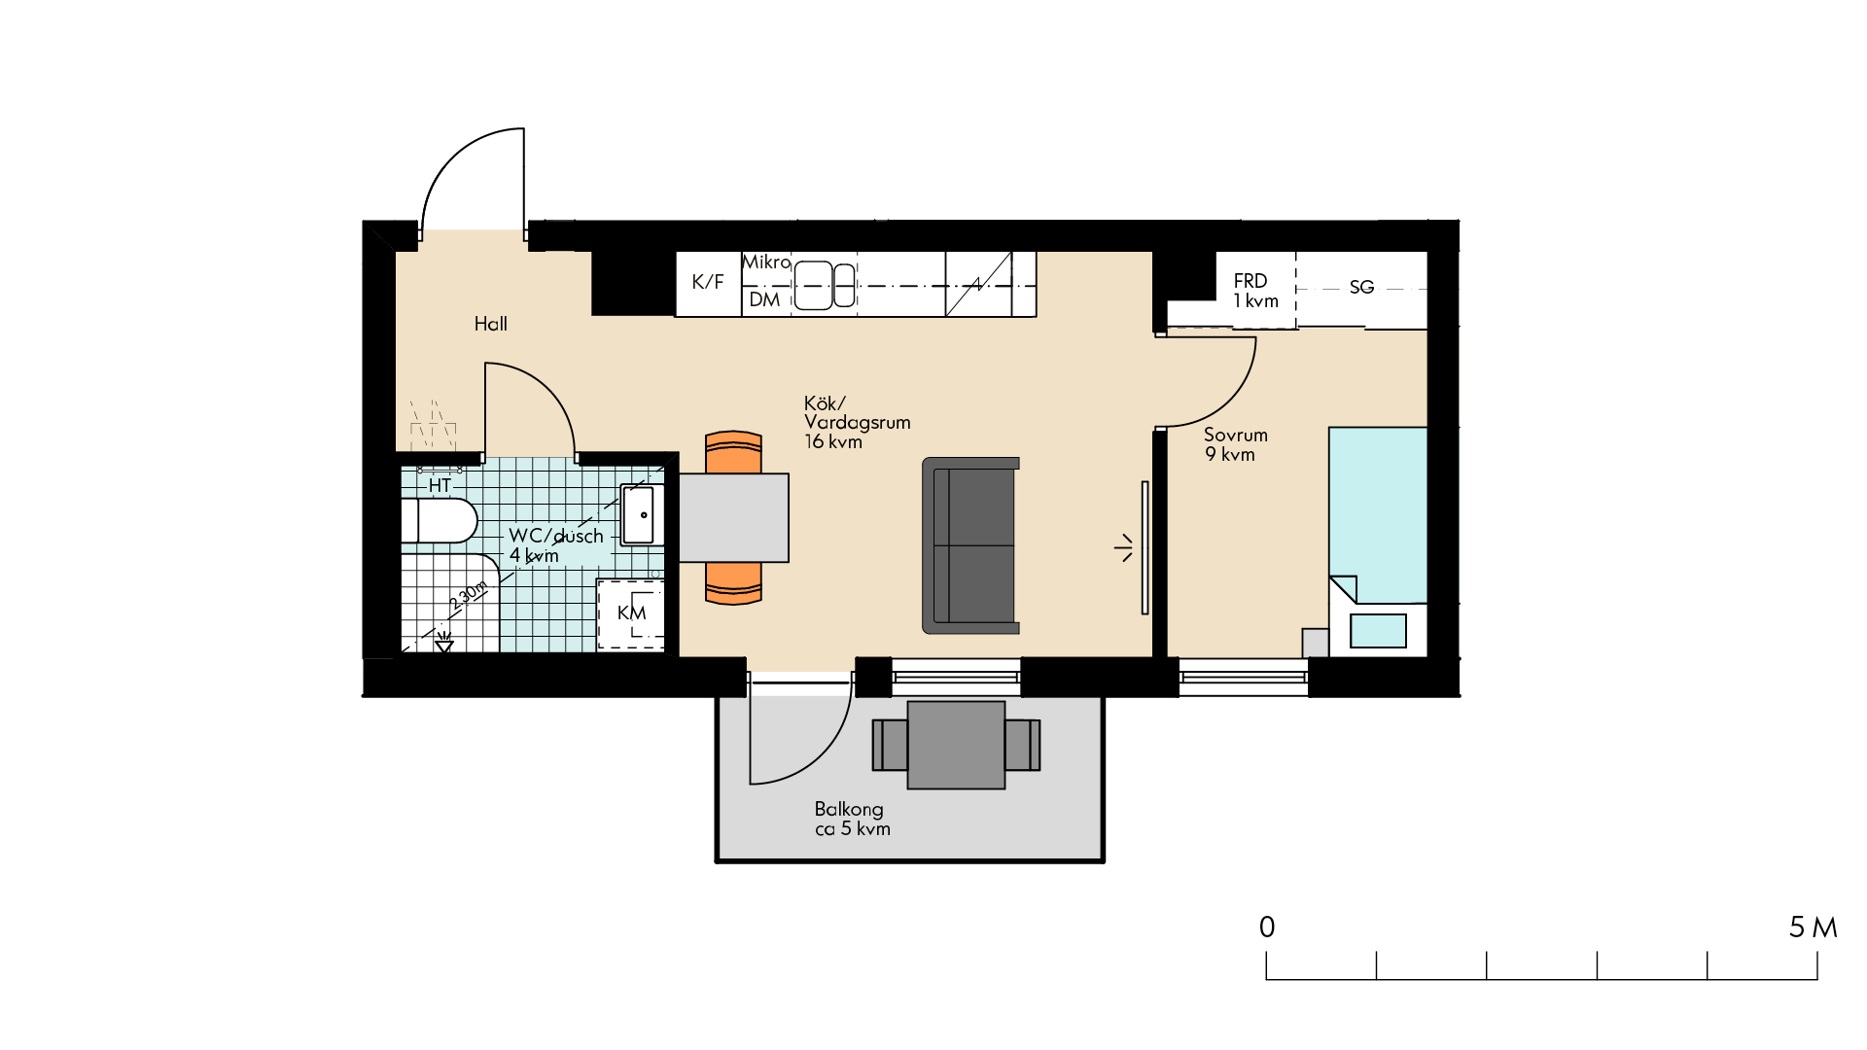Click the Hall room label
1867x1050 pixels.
tap(491, 324)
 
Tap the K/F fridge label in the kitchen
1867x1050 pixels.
tap(708, 282)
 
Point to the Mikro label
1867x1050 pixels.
tap(766, 262)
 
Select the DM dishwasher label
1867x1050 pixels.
tap(764, 299)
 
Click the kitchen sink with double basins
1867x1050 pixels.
tap(825, 286)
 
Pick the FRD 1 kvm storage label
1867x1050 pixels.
tap(1255, 291)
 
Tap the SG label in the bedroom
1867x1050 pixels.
tap(1361, 287)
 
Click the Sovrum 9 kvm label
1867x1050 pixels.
tap(1236, 444)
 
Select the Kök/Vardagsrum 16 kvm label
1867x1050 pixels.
tap(857, 422)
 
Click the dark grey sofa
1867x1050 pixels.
tap(970, 545)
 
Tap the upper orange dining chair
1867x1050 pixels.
tap(733, 452)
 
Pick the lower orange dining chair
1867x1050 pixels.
tap(733, 583)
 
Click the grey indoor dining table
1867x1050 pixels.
tap(733, 517)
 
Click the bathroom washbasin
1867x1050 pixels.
tap(642, 514)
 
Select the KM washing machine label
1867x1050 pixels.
tap(631, 612)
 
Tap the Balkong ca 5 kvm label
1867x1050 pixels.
tap(852, 819)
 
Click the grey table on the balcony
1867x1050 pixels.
tap(956, 745)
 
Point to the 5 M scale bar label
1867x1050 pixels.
tap(1813, 927)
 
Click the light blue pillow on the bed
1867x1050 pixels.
tap(1378, 631)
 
